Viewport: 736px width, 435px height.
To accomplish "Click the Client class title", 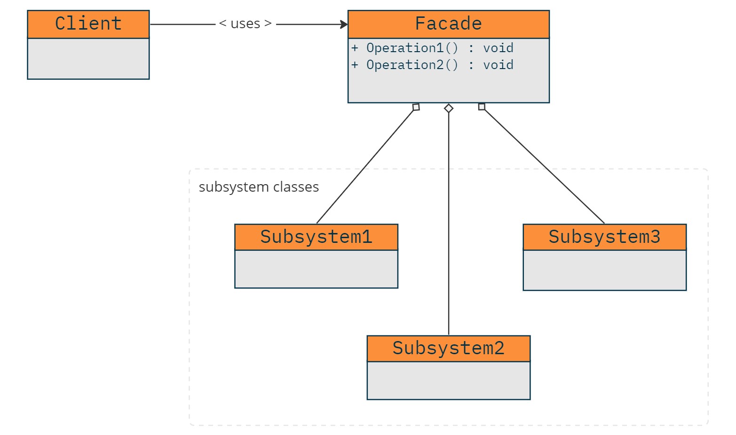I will [88, 24].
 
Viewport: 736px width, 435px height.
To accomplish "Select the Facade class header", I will [448, 24].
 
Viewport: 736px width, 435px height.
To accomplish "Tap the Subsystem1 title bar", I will [316, 237].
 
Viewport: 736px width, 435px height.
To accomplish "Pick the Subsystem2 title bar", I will [448, 349].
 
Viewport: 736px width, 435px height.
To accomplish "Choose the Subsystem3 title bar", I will [604, 237].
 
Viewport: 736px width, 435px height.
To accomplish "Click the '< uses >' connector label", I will [245, 24].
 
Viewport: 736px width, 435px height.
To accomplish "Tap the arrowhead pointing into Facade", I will [344, 24].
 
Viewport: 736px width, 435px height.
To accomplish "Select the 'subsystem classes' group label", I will [259, 187].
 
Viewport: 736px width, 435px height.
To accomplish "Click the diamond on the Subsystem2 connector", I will [449, 109].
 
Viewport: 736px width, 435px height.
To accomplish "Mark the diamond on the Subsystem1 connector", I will [416, 107].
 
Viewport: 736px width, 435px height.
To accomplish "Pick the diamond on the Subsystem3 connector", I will [482, 107].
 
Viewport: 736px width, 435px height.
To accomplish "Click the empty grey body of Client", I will [88, 59].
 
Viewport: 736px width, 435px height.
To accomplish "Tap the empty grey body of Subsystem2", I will [448, 381].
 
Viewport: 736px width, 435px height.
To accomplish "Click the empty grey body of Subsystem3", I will [604, 270].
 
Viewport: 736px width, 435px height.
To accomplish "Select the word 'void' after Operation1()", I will [498, 48].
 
